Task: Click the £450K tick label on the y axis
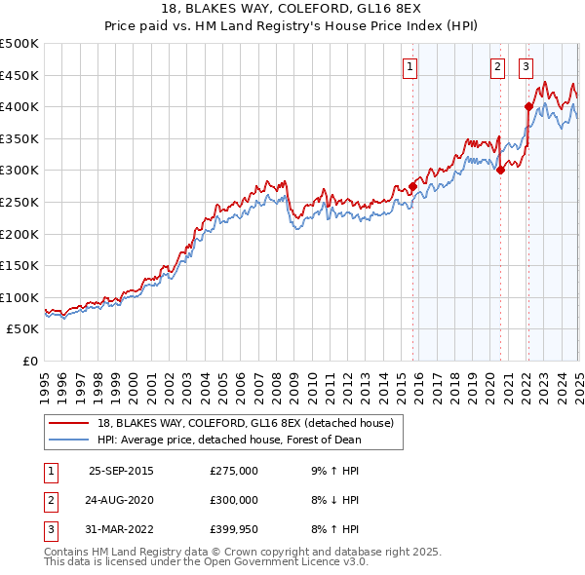pos(19,75)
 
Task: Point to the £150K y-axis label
pos(19,266)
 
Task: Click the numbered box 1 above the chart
pos(409,66)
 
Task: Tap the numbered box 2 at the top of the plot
pos(497,66)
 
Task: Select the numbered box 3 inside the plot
pos(526,66)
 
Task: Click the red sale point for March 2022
pos(528,107)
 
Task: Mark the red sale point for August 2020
pos(500,170)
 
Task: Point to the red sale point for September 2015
pos(412,186)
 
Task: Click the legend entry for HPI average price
pos(229,440)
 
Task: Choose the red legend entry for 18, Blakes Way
pos(245,423)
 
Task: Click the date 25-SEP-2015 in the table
pos(121,471)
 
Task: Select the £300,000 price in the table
pos(234,500)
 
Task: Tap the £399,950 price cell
pos(234,529)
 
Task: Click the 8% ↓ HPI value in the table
pos(334,500)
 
